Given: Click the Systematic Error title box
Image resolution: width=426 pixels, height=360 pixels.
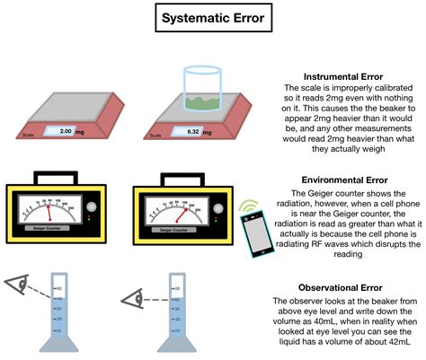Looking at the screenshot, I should tap(213, 19).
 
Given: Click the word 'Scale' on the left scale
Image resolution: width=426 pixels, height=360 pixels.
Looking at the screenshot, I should tap(30, 137).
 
